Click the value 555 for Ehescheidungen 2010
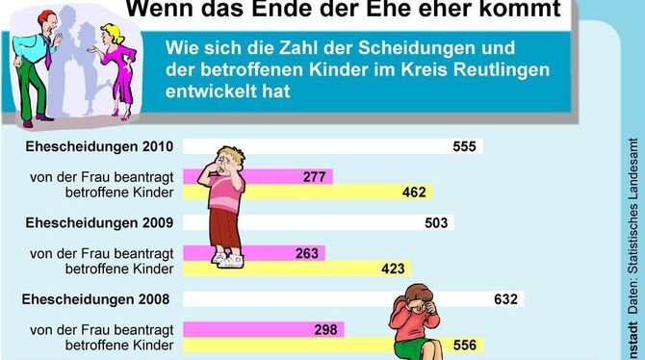465,146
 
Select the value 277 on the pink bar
314,176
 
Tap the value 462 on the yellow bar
415,193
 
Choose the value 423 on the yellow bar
394,269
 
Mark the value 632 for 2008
505,299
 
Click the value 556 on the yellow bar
465,345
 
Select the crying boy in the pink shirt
227,202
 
